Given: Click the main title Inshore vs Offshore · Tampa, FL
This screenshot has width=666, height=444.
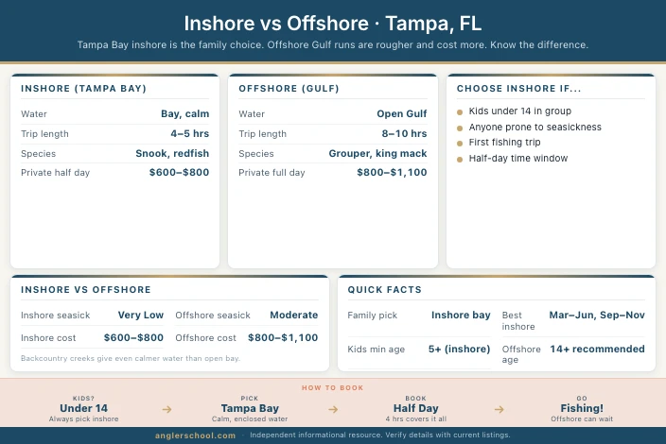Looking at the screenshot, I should coord(333,23).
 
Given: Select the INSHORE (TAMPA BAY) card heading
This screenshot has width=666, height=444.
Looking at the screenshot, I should coord(83,88).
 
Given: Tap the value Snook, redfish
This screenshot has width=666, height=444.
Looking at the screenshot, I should coord(172,153).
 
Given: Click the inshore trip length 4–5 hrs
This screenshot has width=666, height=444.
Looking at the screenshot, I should coord(190,133).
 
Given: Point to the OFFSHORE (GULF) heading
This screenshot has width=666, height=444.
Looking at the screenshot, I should coord(288,88).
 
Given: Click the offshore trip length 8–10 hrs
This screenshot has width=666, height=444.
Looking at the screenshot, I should coord(403,133).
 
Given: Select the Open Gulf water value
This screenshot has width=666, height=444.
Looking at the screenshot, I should coord(402,113).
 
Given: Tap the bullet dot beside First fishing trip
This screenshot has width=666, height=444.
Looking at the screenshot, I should coord(460,143).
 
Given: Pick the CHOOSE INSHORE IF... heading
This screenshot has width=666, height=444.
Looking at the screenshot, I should coord(518,88).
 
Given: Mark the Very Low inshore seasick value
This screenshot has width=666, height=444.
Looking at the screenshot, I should coord(140,315).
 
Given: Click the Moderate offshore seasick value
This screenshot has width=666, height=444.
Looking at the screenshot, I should coord(293,315).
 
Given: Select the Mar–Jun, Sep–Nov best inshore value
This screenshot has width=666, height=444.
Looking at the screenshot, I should coord(597,315).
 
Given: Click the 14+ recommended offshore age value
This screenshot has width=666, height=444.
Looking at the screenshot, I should coord(597,349).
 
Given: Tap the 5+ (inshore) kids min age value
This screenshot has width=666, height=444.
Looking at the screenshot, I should coord(459,349).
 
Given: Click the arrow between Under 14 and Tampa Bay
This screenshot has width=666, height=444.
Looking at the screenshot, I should coord(166,409).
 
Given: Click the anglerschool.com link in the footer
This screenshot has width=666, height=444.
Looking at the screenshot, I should coord(196,435).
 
